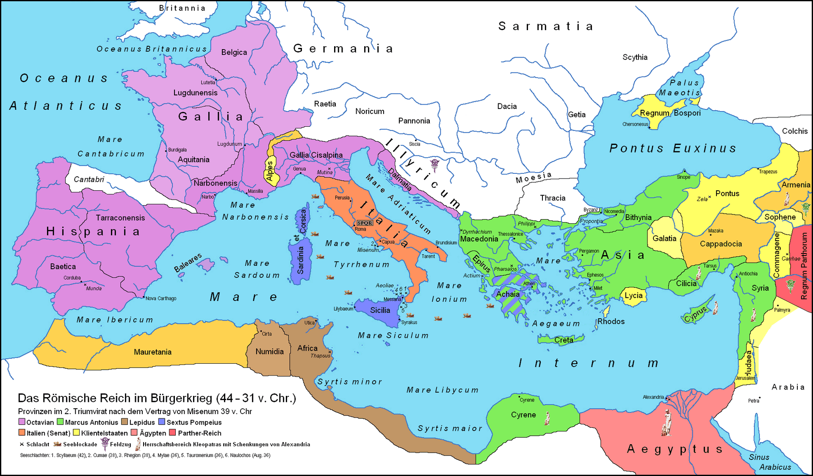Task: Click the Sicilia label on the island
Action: tap(380, 310)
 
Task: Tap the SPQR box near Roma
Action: tap(365, 223)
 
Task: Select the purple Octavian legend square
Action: tap(22, 422)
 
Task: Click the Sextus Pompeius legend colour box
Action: tap(162, 422)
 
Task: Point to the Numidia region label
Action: tap(269, 352)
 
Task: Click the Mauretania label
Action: tap(152, 352)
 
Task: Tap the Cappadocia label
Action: tap(721, 244)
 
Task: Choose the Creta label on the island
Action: tap(564, 340)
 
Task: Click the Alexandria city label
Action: tap(653, 397)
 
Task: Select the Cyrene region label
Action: tap(523, 415)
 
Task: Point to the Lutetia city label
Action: tap(207, 83)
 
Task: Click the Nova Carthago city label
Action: tap(161, 298)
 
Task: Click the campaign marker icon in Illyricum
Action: tap(434, 164)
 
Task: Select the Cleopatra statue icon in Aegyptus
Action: tap(667, 422)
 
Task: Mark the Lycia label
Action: tap(633, 295)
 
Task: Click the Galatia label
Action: tap(664, 239)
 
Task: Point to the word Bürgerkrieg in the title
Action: tap(182, 398)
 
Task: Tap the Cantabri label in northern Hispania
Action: tap(89, 180)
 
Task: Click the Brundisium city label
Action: tap(446, 243)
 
